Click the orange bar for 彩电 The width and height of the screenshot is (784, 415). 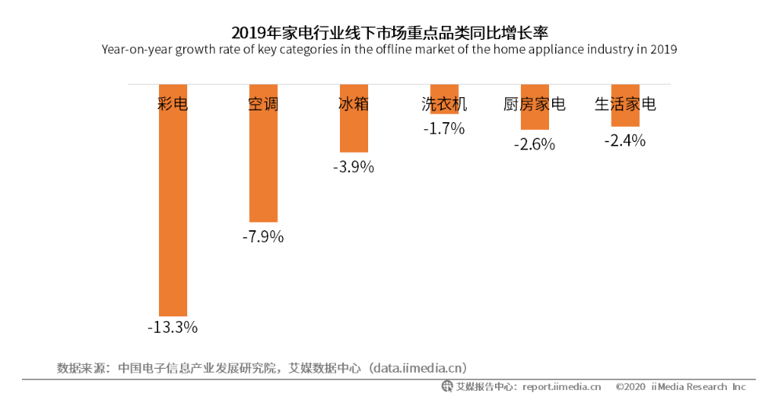[x=173, y=219]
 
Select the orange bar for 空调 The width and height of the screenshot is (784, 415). [x=263, y=172]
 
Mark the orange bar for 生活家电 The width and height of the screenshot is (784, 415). [x=625, y=117]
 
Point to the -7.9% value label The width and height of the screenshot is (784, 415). [x=263, y=236]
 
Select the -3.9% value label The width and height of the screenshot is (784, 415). [x=353, y=167]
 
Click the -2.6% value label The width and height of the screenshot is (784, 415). [x=534, y=144]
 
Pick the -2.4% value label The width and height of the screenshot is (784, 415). [x=625, y=141]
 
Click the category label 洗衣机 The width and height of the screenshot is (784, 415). [x=444, y=104]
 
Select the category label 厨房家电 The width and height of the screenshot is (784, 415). [x=534, y=104]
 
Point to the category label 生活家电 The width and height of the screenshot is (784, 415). [x=625, y=104]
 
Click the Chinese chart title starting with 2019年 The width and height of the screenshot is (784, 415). [x=389, y=33]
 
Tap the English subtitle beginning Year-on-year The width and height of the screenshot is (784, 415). [x=389, y=49]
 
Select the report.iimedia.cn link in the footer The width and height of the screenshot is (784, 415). [x=562, y=387]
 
